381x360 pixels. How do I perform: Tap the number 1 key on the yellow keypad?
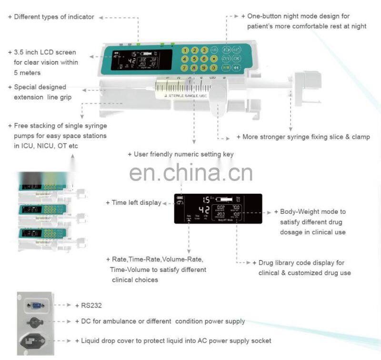[x=184, y=50]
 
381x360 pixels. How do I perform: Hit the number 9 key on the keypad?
[x=203, y=68]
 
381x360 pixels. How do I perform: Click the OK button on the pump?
[x=237, y=59]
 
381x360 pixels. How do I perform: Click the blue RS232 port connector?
[x=36, y=305]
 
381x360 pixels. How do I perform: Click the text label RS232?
[x=91, y=305]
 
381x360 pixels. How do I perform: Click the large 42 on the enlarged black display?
[x=203, y=210]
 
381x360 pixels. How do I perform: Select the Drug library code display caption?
[x=302, y=263]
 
